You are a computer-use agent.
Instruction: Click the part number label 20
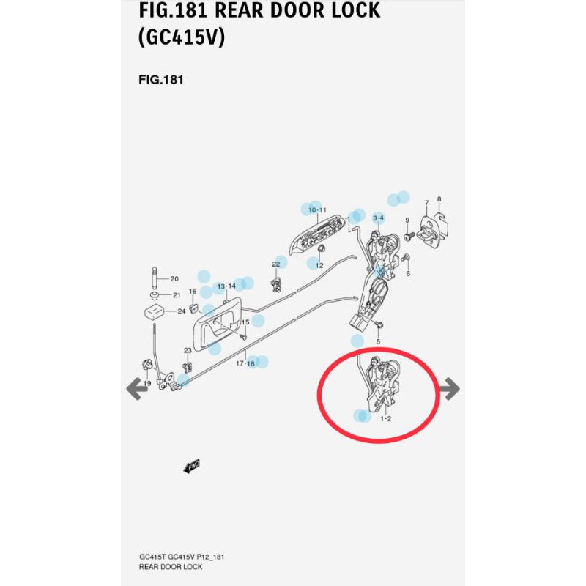point(174,279)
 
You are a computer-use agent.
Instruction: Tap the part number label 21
point(176,295)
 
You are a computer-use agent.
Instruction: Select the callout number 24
point(181,311)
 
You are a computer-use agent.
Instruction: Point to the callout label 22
point(276,264)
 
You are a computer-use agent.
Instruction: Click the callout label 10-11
point(317,210)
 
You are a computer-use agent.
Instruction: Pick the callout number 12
point(319,265)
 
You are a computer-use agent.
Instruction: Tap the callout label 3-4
point(379,218)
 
